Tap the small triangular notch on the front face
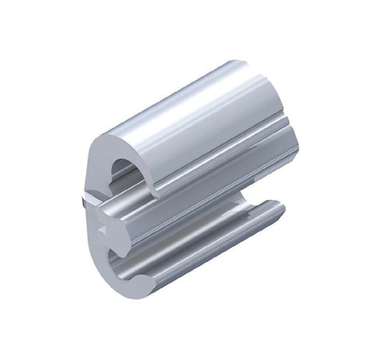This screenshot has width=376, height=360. click(x=102, y=229)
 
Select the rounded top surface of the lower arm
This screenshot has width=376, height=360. click(x=215, y=231)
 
